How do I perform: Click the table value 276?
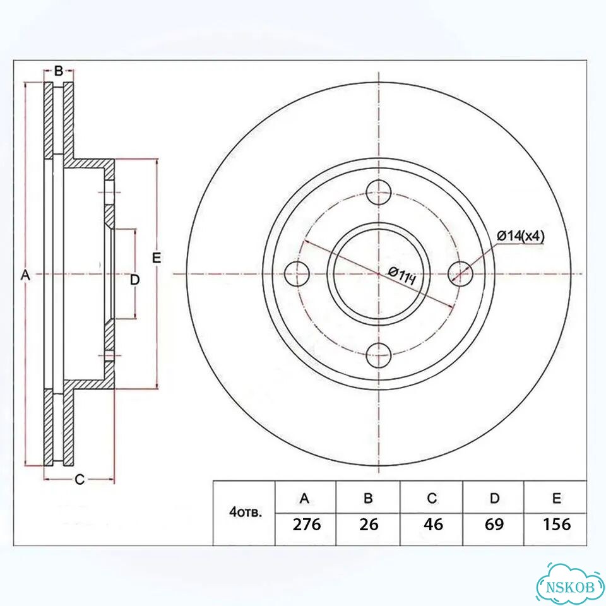[307, 525]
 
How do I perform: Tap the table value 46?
[433, 525]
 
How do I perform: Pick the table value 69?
[494, 525]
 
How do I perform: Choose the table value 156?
[557, 525]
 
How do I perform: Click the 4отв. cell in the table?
[246, 513]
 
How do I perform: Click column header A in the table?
[304, 499]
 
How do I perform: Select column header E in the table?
[557, 499]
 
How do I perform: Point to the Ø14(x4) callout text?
[521, 235]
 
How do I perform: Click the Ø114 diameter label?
[402, 276]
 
